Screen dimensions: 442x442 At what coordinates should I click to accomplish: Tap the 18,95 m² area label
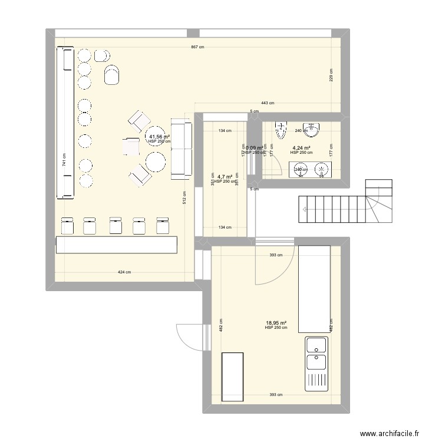(x=276, y=323)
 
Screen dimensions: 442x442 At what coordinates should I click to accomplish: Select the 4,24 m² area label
(x=301, y=149)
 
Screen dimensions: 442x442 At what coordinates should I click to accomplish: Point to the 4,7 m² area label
(x=225, y=176)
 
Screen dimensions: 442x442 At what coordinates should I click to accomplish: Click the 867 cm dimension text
(x=197, y=48)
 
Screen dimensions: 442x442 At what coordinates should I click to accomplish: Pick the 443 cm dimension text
(x=268, y=103)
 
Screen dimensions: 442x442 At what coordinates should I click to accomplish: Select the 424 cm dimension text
(x=124, y=272)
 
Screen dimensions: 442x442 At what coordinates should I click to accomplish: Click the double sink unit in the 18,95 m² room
(x=316, y=364)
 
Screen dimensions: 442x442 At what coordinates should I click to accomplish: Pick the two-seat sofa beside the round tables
(x=182, y=148)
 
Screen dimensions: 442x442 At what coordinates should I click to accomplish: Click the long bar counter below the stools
(x=116, y=245)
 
